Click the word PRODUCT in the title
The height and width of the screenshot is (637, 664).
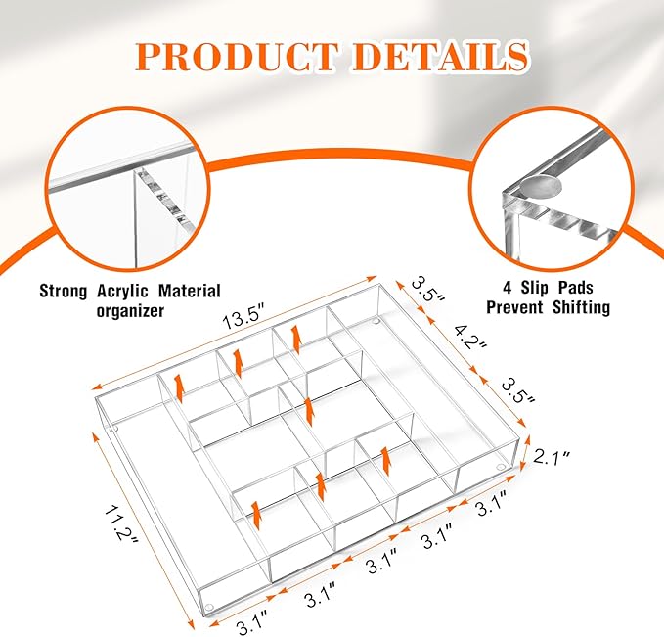(x=237, y=57)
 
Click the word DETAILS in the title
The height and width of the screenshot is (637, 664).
(x=440, y=57)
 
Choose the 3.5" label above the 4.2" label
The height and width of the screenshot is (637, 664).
(x=427, y=290)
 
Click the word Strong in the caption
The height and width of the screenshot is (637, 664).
(x=64, y=292)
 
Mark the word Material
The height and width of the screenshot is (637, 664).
(x=190, y=292)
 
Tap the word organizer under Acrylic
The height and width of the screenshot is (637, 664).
(x=130, y=311)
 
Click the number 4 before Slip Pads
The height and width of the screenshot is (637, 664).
(x=507, y=288)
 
